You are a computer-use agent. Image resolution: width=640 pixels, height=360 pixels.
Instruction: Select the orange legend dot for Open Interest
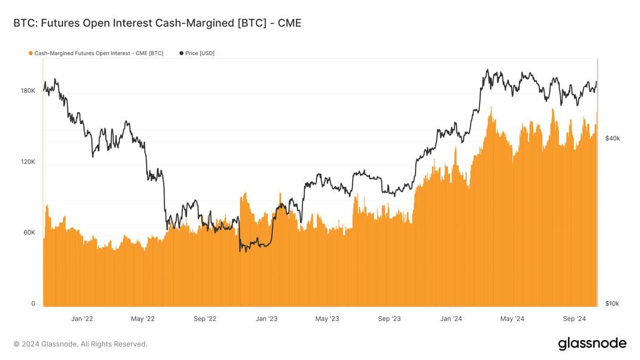[30, 53]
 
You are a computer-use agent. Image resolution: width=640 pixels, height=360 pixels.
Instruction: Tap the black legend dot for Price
[181, 53]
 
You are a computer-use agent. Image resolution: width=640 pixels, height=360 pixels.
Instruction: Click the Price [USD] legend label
[199, 53]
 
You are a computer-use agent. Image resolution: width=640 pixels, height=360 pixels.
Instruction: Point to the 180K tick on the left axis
[28, 91]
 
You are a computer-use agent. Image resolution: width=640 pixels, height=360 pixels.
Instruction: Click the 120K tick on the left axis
[28, 162]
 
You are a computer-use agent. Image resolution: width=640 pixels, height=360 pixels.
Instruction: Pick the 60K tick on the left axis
[30, 233]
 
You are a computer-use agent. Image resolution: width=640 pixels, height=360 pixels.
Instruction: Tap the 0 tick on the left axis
[33, 304]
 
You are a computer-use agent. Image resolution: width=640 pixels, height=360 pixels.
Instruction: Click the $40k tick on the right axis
[612, 139]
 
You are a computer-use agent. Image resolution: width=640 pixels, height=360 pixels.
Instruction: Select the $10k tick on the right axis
[612, 304]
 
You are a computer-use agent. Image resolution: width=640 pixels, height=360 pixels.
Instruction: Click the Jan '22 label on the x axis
[82, 318]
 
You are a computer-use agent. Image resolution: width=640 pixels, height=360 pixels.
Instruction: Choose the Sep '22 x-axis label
[205, 318]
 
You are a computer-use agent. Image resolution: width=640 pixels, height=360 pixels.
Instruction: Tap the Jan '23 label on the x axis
[267, 318]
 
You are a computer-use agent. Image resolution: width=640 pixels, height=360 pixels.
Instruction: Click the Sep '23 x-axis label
[389, 318]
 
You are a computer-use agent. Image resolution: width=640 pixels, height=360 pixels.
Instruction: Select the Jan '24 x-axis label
[452, 318]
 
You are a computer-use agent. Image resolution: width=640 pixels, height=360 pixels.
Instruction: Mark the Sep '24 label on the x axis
[574, 318]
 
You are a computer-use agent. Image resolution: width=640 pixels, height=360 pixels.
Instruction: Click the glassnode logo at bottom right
[592, 344]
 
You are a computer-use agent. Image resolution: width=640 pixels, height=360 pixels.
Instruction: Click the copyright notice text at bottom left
[80, 344]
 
